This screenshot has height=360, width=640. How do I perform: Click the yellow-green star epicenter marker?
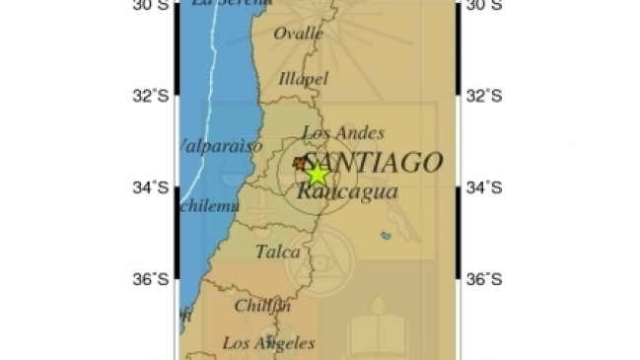317,174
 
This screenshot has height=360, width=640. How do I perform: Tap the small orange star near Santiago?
300,162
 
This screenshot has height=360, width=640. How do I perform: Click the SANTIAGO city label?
372,163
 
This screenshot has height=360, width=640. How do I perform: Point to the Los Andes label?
343,133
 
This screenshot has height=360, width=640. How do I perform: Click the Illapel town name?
302,78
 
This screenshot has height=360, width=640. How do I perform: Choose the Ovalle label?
299,34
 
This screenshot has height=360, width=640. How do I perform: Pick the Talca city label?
278,252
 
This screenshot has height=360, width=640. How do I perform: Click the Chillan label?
262,306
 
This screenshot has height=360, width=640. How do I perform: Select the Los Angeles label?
268,343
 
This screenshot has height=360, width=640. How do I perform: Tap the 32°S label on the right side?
484,96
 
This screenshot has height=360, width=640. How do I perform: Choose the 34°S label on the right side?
484,187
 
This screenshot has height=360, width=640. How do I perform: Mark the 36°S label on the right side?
484,279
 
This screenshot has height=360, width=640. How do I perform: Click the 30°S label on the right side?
484,6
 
